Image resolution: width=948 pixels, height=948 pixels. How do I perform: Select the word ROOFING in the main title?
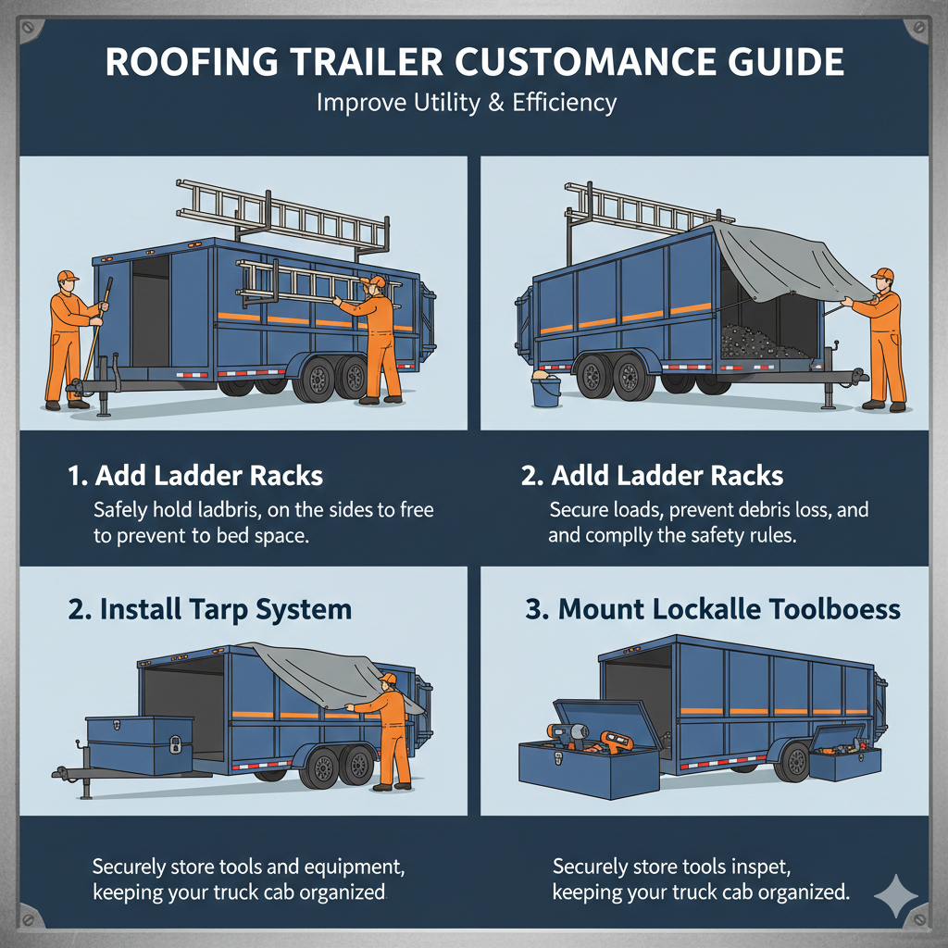pos(180,63)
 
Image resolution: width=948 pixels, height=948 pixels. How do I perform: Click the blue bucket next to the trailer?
pos(545,389)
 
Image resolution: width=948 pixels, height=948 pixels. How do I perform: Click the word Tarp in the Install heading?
pos(223,609)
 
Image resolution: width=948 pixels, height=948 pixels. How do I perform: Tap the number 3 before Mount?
pos(535,610)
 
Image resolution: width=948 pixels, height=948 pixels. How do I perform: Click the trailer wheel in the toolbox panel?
pos(795,760)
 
